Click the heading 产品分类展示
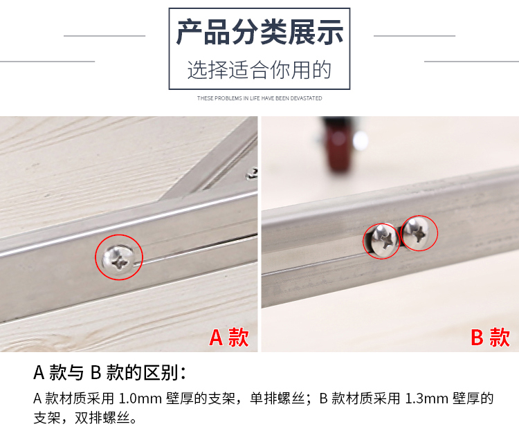click(259, 32)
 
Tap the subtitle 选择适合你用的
click(259, 70)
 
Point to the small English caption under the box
click(259, 98)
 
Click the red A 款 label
click(229, 338)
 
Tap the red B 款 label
click(490, 338)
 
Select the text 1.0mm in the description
click(140, 398)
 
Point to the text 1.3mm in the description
click(427, 398)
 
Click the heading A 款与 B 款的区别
click(109, 372)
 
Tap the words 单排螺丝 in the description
click(277, 398)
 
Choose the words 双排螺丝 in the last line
click(102, 418)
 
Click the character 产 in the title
click(190, 32)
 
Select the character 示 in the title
click(330, 32)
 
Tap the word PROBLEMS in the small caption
click(229, 98)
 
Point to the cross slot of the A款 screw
click(120, 263)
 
